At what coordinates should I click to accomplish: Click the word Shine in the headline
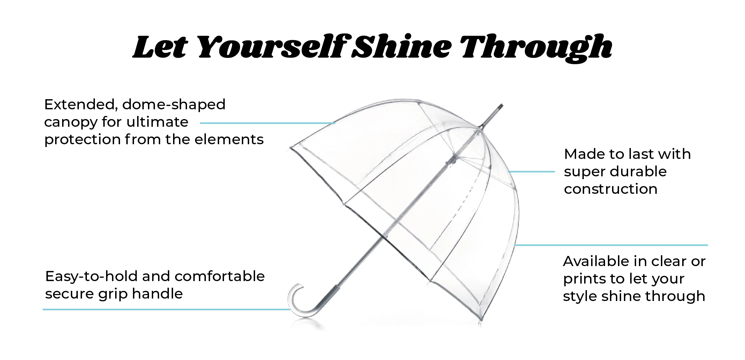tap(401, 47)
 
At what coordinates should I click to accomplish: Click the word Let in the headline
tap(160, 47)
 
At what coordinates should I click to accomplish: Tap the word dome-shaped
tap(174, 105)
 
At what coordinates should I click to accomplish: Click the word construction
tap(611, 189)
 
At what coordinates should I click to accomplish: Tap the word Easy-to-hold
tap(91, 277)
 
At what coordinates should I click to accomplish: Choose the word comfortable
tap(220, 276)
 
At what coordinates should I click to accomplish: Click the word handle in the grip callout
tap(157, 294)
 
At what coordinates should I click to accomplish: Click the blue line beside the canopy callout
tap(268, 123)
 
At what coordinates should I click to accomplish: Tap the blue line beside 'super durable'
tap(531, 172)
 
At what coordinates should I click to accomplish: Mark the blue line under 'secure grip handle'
tap(166, 309)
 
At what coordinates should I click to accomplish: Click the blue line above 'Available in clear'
tap(611, 245)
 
